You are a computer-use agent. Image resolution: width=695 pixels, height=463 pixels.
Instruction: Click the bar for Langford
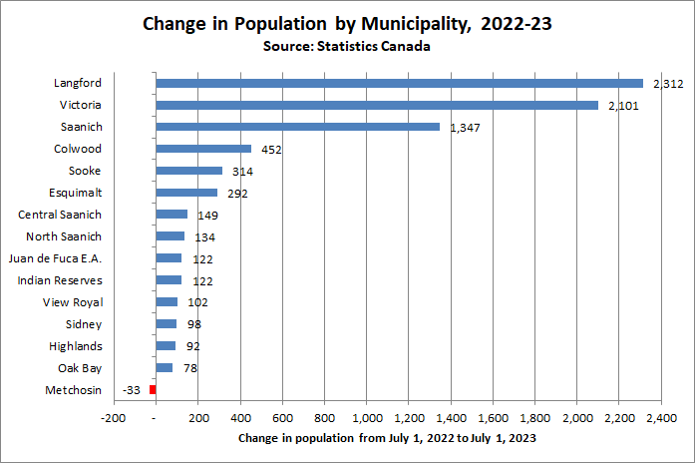coord(399,83)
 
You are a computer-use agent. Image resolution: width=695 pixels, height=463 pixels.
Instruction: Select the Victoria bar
coord(377,105)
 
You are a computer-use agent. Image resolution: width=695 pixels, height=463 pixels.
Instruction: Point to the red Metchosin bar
coord(153,389)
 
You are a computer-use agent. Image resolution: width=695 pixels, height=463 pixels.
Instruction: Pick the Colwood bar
coord(203,149)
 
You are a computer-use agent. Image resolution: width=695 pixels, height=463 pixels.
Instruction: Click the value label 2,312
coord(666,84)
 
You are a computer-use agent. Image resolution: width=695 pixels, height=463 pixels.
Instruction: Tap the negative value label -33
coord(131,390)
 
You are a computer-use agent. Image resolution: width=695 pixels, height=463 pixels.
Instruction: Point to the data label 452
coord(271,150)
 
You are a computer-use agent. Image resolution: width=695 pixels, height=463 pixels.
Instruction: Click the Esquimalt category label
coord(75,193)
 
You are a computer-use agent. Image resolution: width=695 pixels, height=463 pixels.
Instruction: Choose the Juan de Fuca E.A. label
coord(60,258)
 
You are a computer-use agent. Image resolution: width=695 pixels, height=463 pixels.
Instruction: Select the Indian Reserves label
coord(60,280)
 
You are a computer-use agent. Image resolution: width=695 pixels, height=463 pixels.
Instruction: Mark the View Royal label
coord(73,302)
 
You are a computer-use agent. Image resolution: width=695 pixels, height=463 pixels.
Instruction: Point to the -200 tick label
coord(114,417)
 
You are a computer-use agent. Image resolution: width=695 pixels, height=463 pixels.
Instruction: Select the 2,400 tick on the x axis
coord(661,417)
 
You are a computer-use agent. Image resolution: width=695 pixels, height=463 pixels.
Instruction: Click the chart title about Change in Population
coord(347,23)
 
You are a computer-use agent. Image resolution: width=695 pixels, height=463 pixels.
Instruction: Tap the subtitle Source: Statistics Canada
coord(347,46)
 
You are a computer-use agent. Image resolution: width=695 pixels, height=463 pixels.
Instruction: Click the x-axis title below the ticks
coord(389,439)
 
